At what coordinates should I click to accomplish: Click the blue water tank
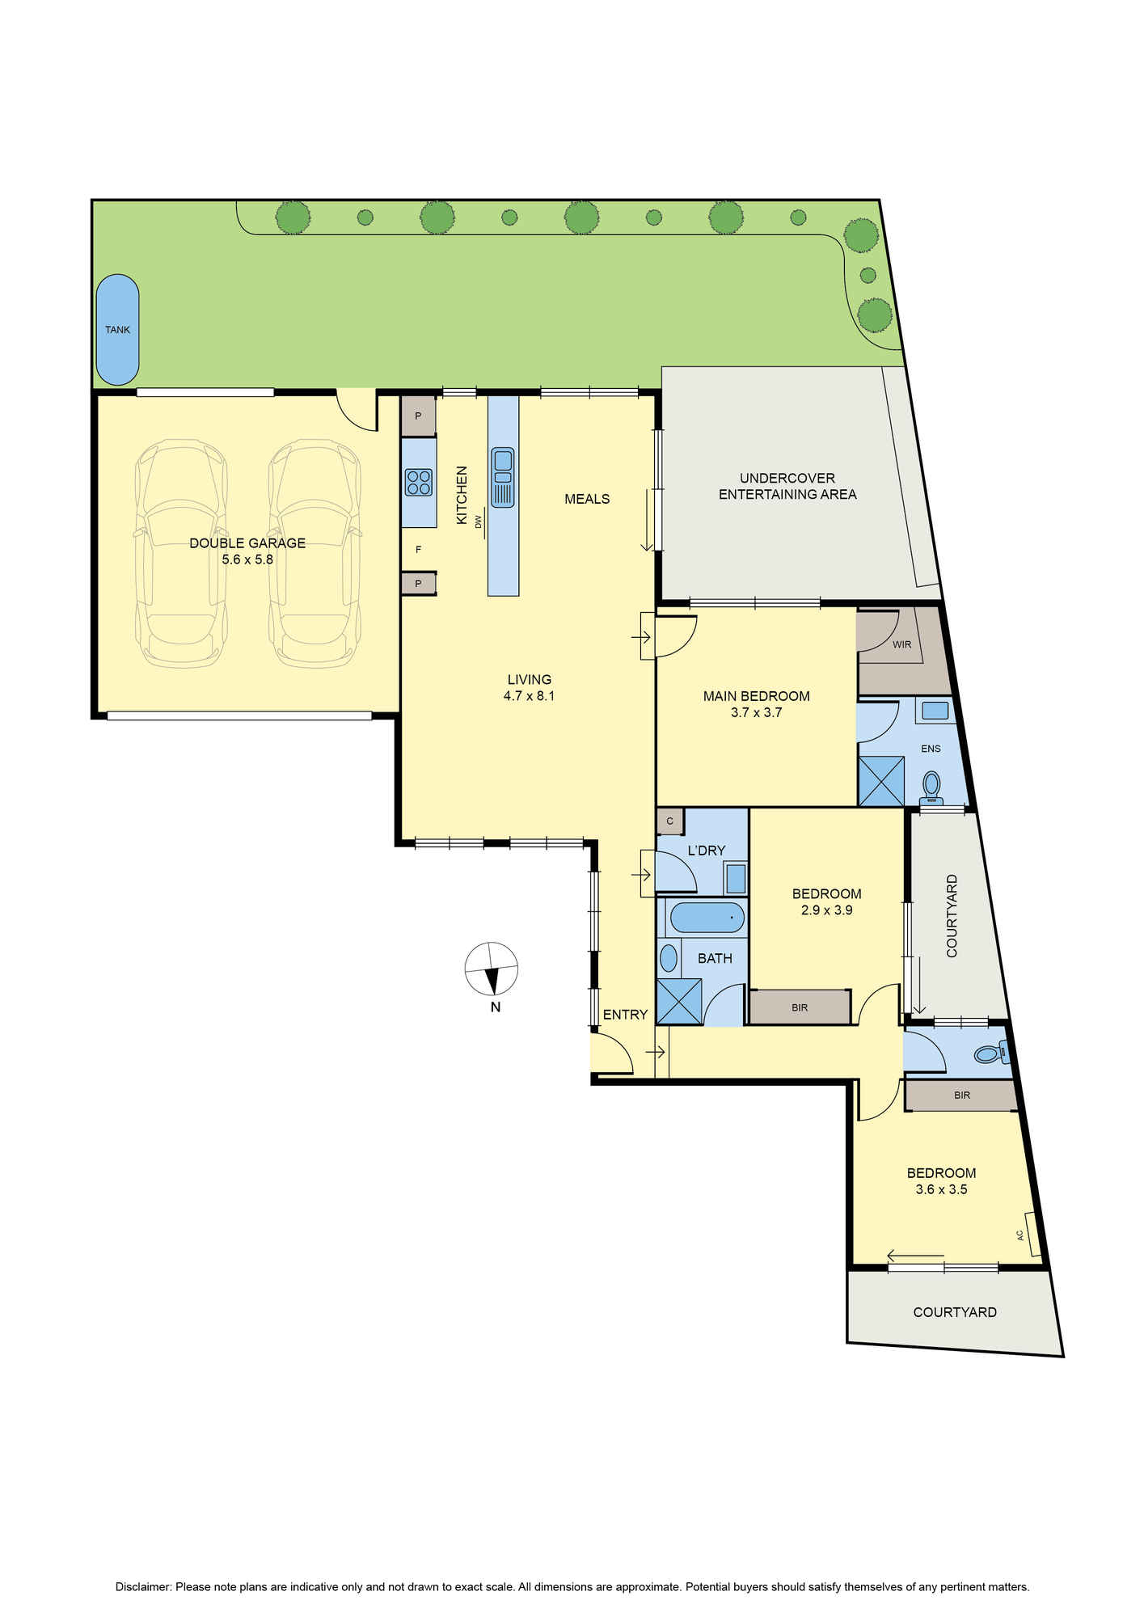pyautogui.click(x=117, y=330)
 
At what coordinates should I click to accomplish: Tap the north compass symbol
pyautogui.click(x=492, y=969)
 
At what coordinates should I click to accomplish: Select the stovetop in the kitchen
pyautogui.click(x=418, y=483)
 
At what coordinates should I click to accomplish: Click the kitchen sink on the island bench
pyautogui.click(x=502, y=477)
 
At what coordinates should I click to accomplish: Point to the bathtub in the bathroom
pyautogui.click(x=707, y=918)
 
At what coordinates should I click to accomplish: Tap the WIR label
pyautogui.click(x=902, y=644)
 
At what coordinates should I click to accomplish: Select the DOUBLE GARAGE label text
pyautogui.click(x=247, y=543)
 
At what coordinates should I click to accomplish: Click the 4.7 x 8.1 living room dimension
pyautogui.click(x=529, y=696)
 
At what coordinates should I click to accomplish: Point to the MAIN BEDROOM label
pyautogui.click(x=756, y=696)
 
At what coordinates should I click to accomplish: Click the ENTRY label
pyautogui.click(x=625, y=1015)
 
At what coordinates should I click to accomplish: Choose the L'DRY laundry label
pyautogui.click(x=707, y=851)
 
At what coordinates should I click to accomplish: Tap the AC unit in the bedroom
pyautogui.click(x=1032, y=1234)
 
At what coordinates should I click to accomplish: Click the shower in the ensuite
pyautogui.click(x=881, y=781)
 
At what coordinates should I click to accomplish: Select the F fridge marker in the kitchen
pyautogui.click(x=418, y=550)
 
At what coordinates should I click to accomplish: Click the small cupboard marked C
pyautogui.click(x=670, y=821)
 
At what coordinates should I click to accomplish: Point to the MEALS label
pyautogui.click(x=587, y=499)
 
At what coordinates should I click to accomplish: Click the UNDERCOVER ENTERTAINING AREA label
pyautogui.click(x=787, y=487)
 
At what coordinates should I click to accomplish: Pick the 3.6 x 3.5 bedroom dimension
pyautogui.click(x=941, y=1189)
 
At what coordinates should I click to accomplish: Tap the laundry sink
pyautogui.click(x=736, y=878)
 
